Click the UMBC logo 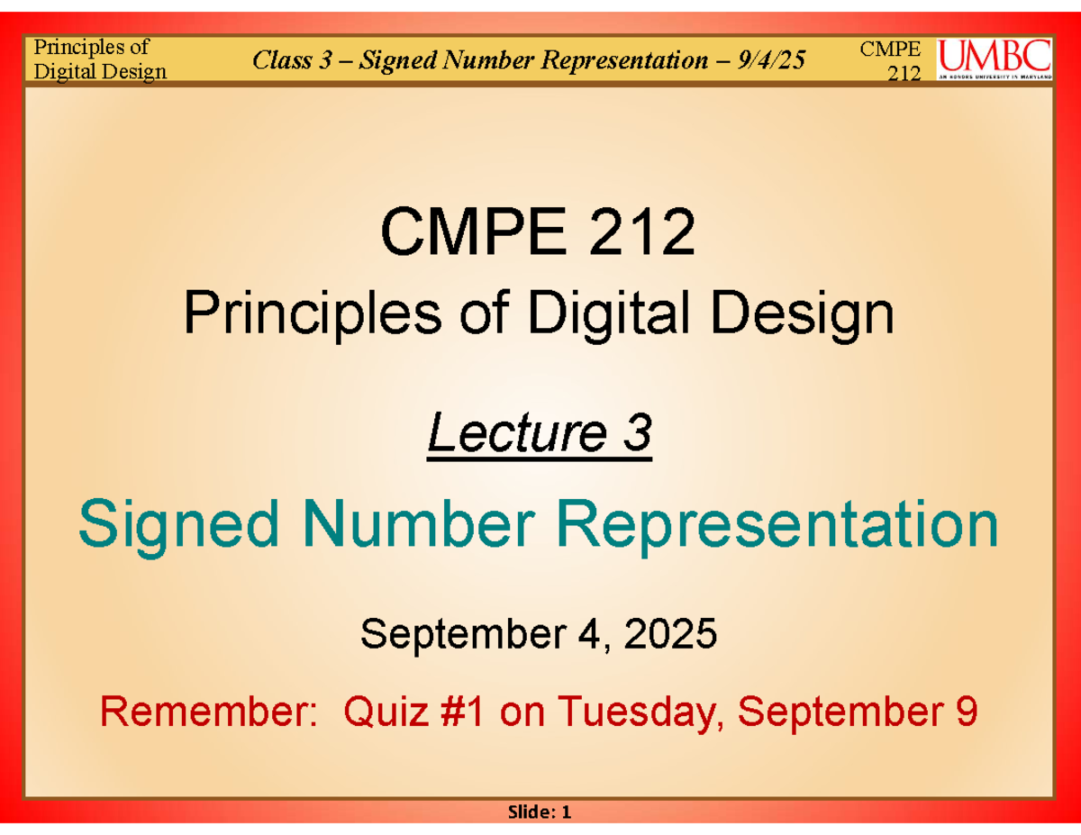(x=994, y=59)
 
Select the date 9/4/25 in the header (x=772, y=60)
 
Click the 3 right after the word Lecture (x=637, y=436)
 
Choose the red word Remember (x=207, y=713)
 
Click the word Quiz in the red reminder (x=384, y=713)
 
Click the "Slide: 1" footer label (x=540, y=812)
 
